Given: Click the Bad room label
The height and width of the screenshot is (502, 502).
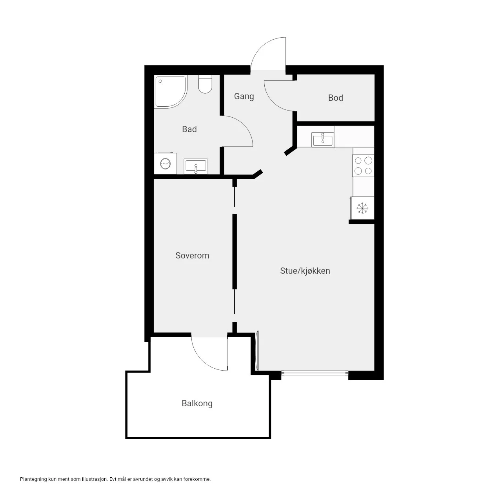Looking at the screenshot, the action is pyautogui.click(x=189, y=129).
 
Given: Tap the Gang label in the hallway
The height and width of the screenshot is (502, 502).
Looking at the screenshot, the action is pyautogui.click(x=244, y=96).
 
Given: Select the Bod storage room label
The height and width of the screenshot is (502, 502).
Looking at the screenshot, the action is pyautogui.click(x=336, y=98).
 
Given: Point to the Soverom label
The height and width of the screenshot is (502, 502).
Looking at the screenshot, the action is pyautogui.click(x=192, y=255).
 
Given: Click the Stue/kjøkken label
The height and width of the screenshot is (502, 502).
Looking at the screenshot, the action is pyautogui.click(x=305, y=271).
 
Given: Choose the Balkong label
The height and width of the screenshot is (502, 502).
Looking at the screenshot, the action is pyautogui.click(x=197, y=403).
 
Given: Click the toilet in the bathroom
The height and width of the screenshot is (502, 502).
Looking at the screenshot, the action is pyautogui.click(x=205, y=84).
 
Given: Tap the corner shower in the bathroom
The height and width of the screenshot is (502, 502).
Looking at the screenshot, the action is pyautogui.click(x=171, y=92).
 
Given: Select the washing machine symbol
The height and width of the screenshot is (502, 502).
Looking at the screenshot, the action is pyautogui.click(x=166, y=164).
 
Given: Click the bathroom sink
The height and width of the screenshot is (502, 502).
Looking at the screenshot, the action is pyautogui.click(x=196, y=166).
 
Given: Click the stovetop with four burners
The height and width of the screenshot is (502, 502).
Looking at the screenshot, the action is pyautogui.click(x=363, y=166).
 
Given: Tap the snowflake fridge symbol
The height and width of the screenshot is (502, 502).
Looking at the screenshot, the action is pyautogui.click(x=362, y=208).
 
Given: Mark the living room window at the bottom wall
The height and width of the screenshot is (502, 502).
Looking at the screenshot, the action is pyautogui.click(x=315, y=373).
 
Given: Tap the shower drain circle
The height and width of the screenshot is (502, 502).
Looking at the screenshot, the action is pyautogui.click(x=160, y=81).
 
